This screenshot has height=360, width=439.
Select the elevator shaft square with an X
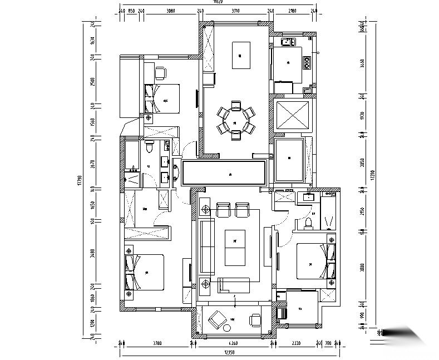[292, 115]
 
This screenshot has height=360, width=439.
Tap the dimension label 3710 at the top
[235, 11]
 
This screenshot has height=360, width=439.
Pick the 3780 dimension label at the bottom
[157, 344]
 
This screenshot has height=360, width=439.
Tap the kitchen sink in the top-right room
[289, 42]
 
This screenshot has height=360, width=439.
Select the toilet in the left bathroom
[149, 148]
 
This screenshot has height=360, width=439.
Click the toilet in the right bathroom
[311, 223]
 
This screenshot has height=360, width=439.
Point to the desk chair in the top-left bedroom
[160, 72]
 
